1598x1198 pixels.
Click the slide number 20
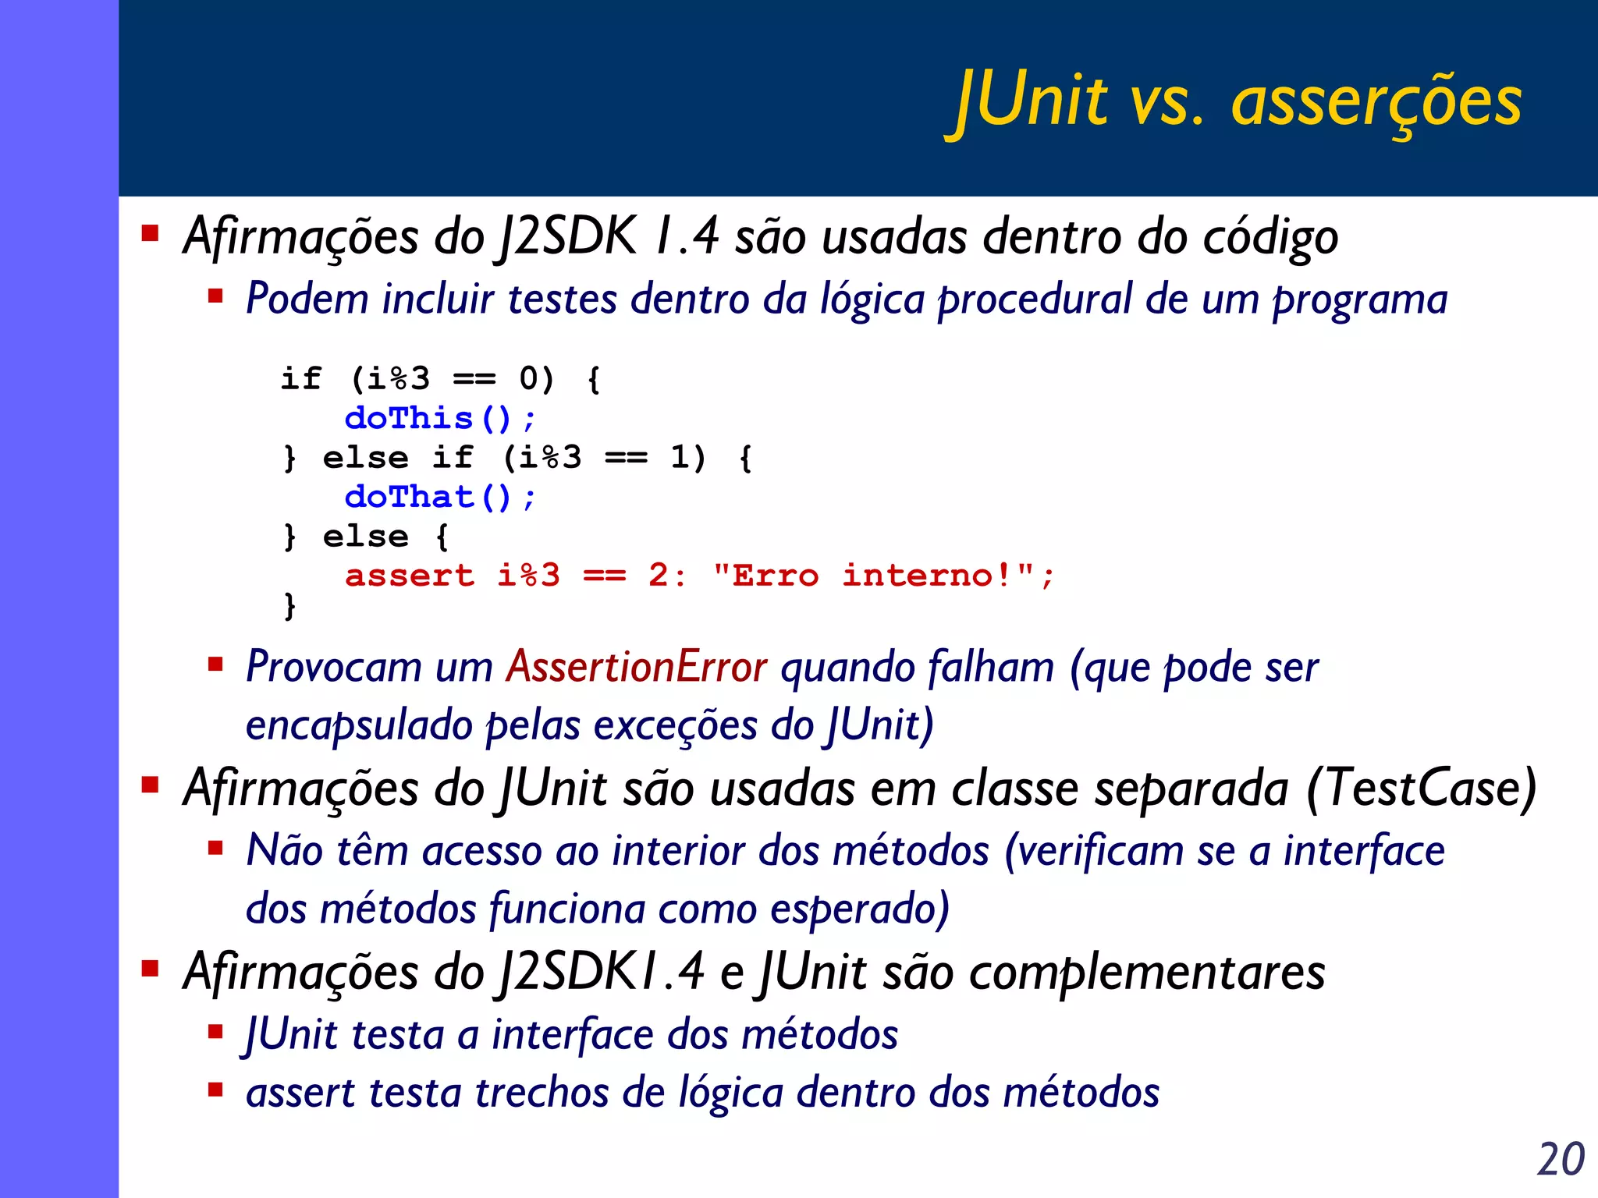[1561, 1159]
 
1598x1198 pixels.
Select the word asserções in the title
[1376, 103]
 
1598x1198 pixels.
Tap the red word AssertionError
[637, 668]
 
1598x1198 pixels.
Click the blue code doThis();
[440, 419]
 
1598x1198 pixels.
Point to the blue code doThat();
[440, 497]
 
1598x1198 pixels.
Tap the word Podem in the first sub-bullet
[307, 299]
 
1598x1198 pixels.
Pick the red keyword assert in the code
[410, 576]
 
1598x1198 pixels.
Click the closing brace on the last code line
[290, 605]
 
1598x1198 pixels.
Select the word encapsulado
[359, 725]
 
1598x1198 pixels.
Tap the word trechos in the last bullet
[542, 1093]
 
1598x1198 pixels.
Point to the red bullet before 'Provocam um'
[215, 665]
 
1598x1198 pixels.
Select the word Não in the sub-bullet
[284, 850]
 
